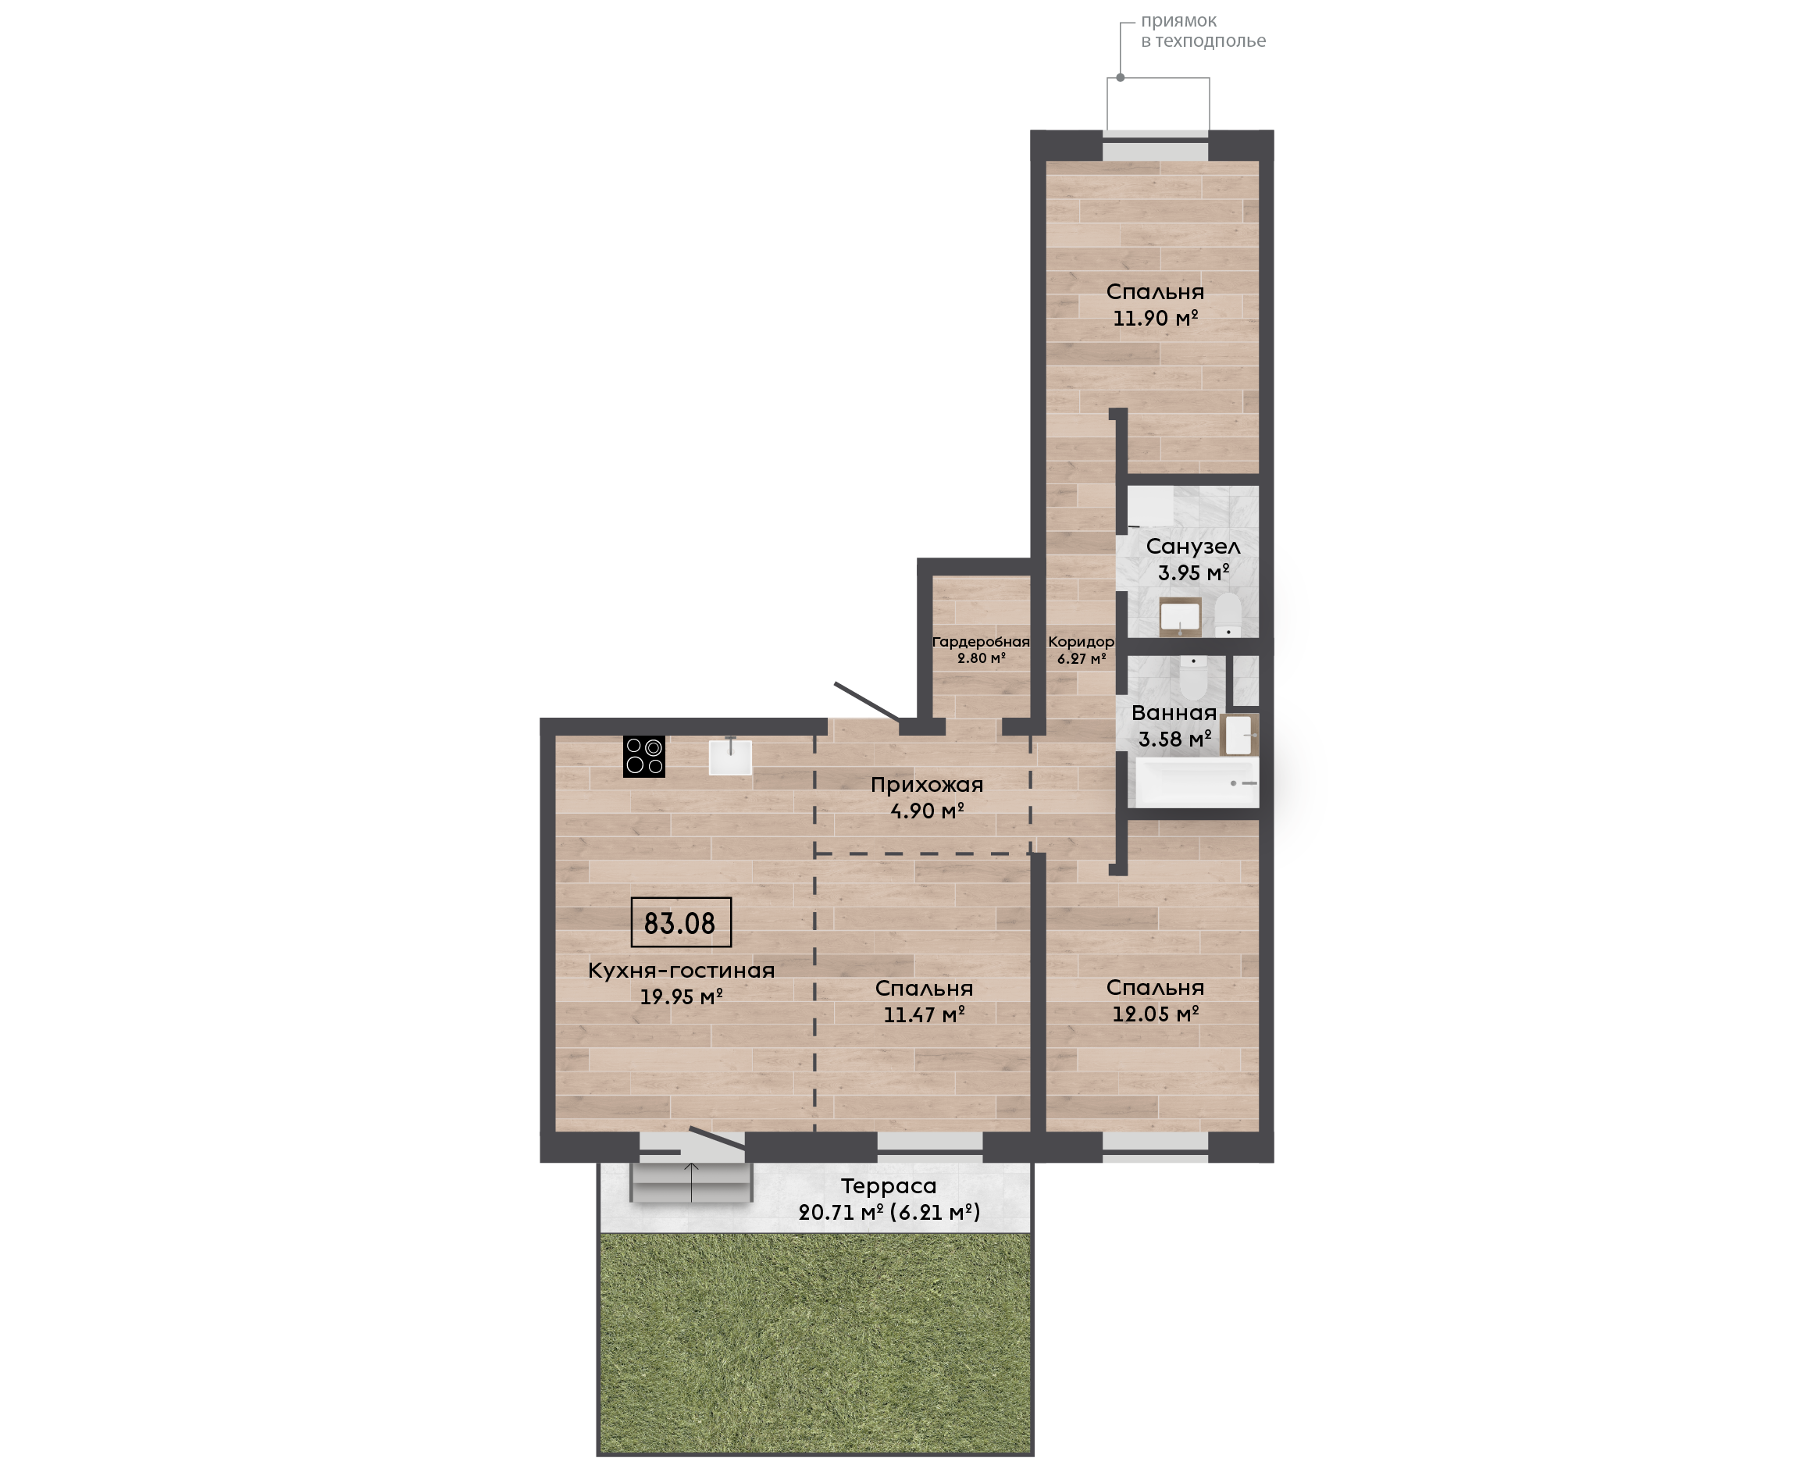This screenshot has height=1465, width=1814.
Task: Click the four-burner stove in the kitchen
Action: click(x=643, y=756)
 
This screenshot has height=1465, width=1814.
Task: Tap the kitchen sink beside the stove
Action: click(x=730, y=757)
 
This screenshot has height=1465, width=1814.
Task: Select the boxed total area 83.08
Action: click(x=681, y=922)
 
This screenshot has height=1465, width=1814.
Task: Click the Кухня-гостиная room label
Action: click(x=681, y=971)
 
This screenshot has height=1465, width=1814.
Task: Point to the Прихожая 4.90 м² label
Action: click(x=927, y=797)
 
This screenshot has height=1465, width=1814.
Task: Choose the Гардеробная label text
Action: click(x=981, y=642)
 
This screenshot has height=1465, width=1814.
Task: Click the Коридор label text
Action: click(x=1081, y=642)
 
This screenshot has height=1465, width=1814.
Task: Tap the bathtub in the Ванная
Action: click(x=1196, y=783)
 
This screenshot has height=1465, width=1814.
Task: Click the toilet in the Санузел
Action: click(x=1228, y=615)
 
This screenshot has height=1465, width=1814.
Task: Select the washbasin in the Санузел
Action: click(x=1179, y=617)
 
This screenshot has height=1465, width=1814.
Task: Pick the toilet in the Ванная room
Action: click(x=1194, y=677)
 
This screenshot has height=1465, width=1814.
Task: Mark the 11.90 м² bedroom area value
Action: click(x=1155, y=318)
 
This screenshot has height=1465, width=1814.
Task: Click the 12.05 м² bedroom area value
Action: click(x=1155, y=1014)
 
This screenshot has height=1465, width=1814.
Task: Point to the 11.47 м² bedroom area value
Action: click(x=924, y=1015)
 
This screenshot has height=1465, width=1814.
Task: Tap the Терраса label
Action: click(x=889, y=1186)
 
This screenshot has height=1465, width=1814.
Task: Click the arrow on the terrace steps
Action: click(x=691, y=1182)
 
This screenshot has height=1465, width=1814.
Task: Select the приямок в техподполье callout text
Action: click(x=1203, y=31)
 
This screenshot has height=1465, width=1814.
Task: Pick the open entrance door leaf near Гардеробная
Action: click(x=868, y=701)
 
